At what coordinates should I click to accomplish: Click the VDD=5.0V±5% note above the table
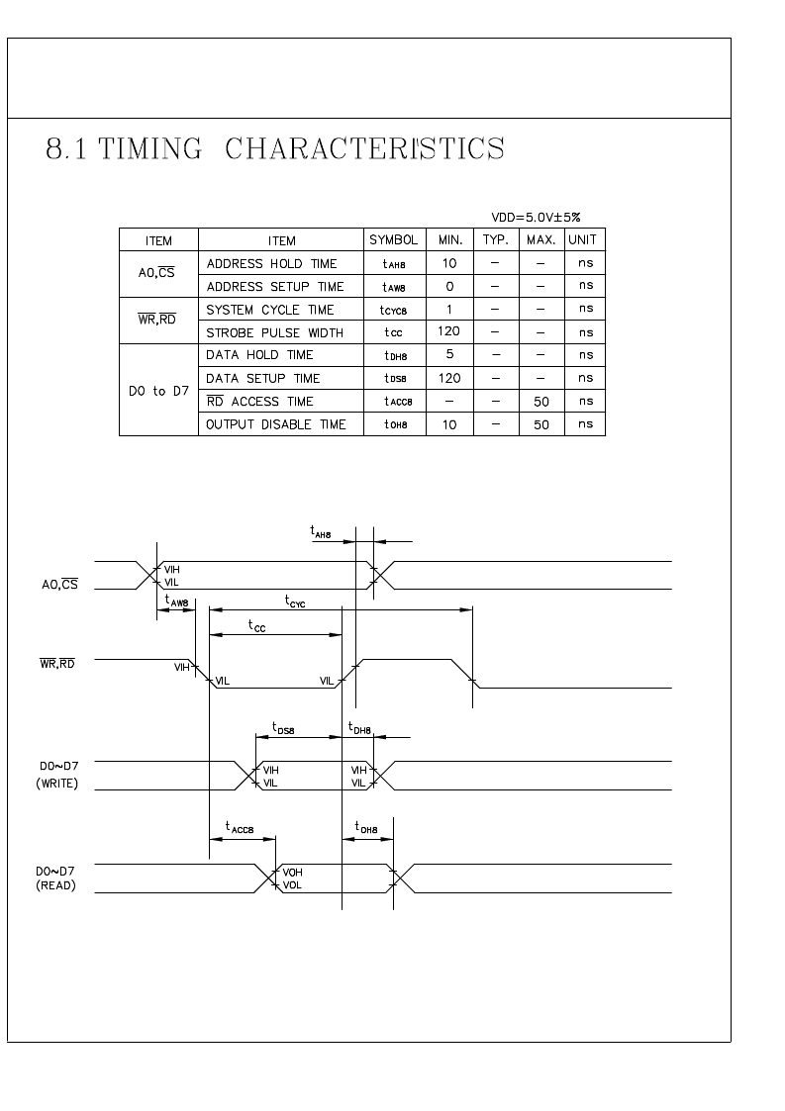point(536,218)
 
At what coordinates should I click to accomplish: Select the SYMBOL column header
point(394,240)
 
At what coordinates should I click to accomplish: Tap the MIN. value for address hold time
point(449,263)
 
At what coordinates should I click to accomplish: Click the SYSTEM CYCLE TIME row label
point(269,310)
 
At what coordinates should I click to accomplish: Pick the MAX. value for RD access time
point(541,402)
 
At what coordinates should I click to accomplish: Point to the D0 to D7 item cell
point(158,391)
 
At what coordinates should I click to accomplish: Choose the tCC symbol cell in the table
point(394,332)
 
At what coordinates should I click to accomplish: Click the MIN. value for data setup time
point(449,378)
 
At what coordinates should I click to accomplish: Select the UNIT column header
point(582,240)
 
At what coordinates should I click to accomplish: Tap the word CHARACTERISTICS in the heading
point(364,148)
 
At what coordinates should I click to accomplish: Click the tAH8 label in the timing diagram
point(321,531)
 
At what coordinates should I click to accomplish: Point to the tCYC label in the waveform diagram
point(295,602)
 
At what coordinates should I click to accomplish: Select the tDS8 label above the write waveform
point(283,728)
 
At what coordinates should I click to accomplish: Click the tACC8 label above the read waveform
point(239,827)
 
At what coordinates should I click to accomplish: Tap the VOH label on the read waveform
point(292,873)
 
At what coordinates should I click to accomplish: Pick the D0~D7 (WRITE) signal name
point(58,775)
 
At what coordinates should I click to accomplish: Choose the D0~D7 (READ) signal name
point(55,879)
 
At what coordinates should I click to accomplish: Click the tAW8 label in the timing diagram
point(176,601)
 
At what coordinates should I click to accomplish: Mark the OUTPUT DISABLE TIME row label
point(276,424)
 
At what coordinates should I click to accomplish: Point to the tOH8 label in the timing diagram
point(366,827)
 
